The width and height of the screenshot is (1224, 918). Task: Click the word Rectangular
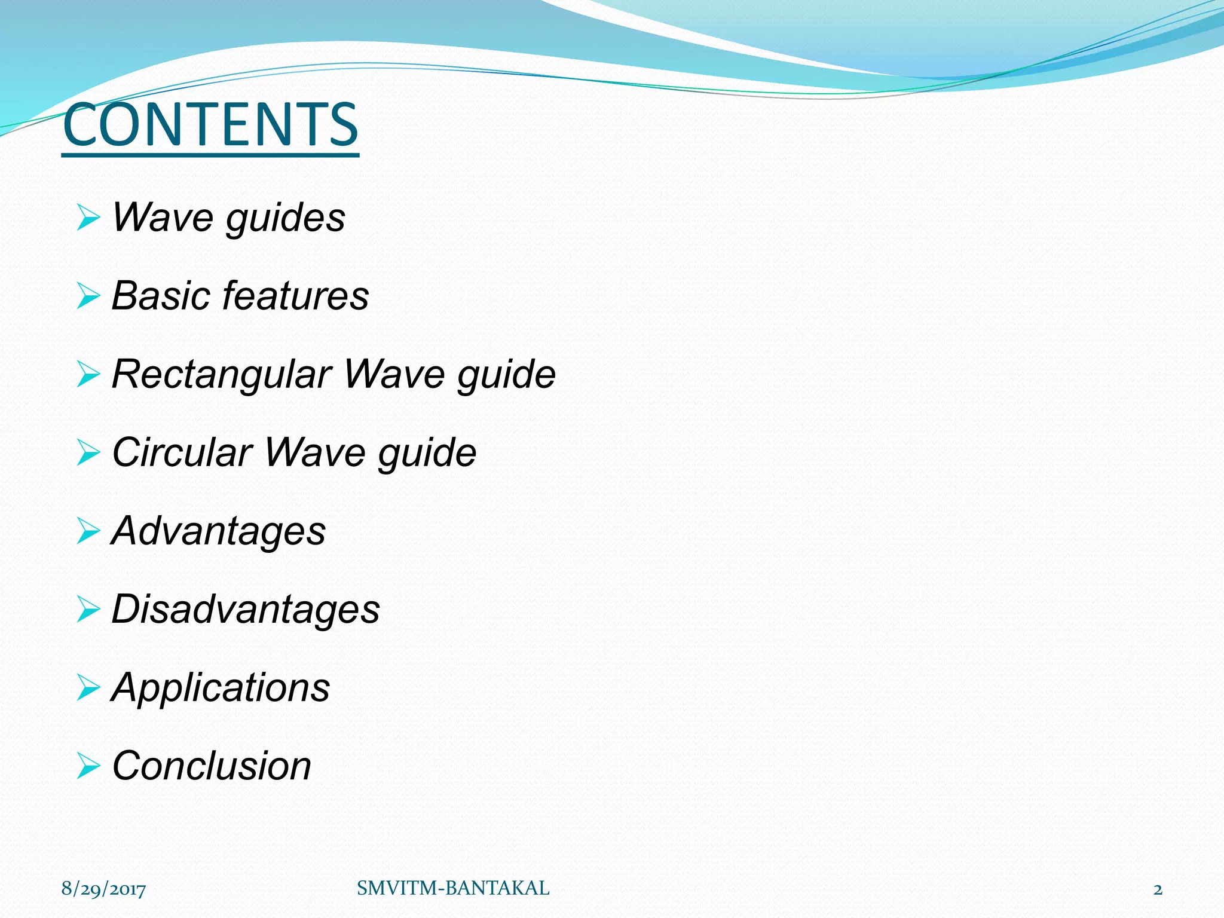222,374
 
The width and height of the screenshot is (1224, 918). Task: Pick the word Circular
182,452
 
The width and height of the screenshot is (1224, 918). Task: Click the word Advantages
219,531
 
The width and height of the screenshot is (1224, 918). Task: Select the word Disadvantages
246,609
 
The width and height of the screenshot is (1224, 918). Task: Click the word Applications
221,688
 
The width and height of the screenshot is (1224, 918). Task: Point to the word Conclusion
212,766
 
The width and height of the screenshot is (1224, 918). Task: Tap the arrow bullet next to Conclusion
88,766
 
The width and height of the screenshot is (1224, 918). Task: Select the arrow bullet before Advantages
88,531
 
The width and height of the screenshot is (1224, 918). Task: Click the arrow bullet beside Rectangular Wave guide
88,375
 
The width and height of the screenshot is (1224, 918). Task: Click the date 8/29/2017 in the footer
103,889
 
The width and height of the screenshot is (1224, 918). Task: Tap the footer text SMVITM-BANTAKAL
453,889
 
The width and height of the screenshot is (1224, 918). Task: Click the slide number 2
1158,889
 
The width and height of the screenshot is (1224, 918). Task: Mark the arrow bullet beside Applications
88,688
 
